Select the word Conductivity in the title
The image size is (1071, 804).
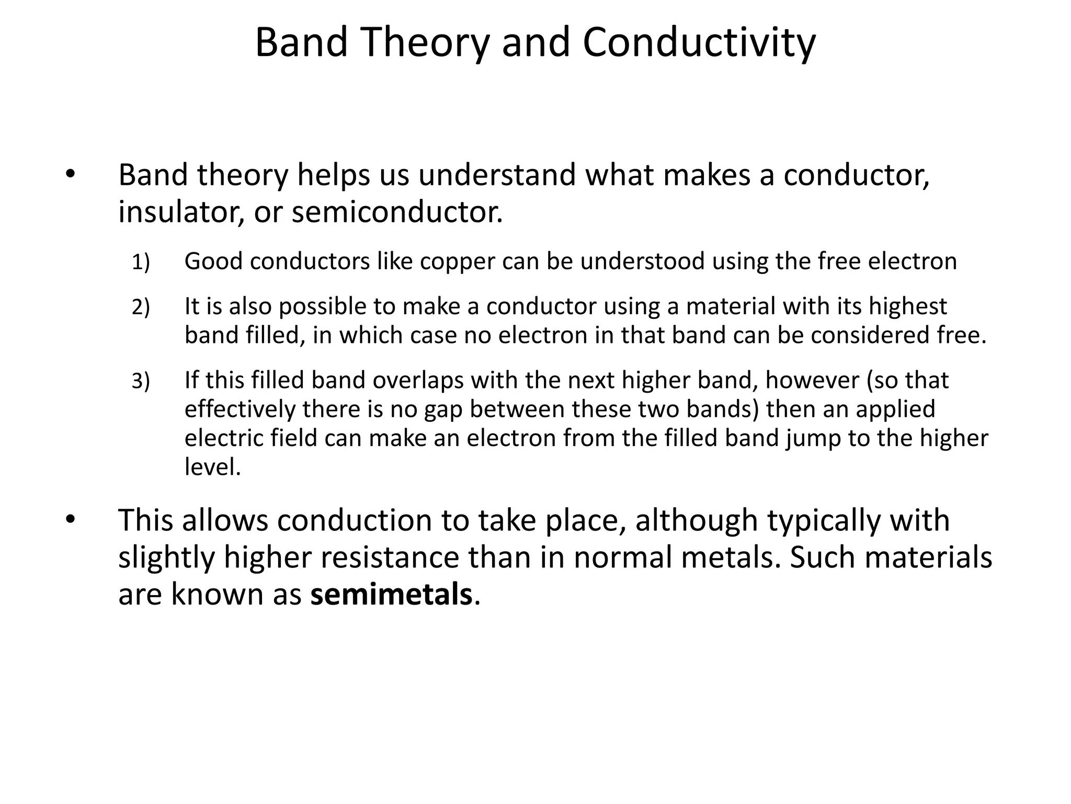699,43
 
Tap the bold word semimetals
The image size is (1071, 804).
391,595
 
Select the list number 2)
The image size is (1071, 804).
141,307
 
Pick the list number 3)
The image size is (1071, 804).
141,381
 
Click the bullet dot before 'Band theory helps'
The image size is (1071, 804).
71,175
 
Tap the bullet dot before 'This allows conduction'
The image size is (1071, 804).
71,520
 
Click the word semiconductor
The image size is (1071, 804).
396,212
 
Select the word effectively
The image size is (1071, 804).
240,409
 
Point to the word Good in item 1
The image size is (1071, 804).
213,261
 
